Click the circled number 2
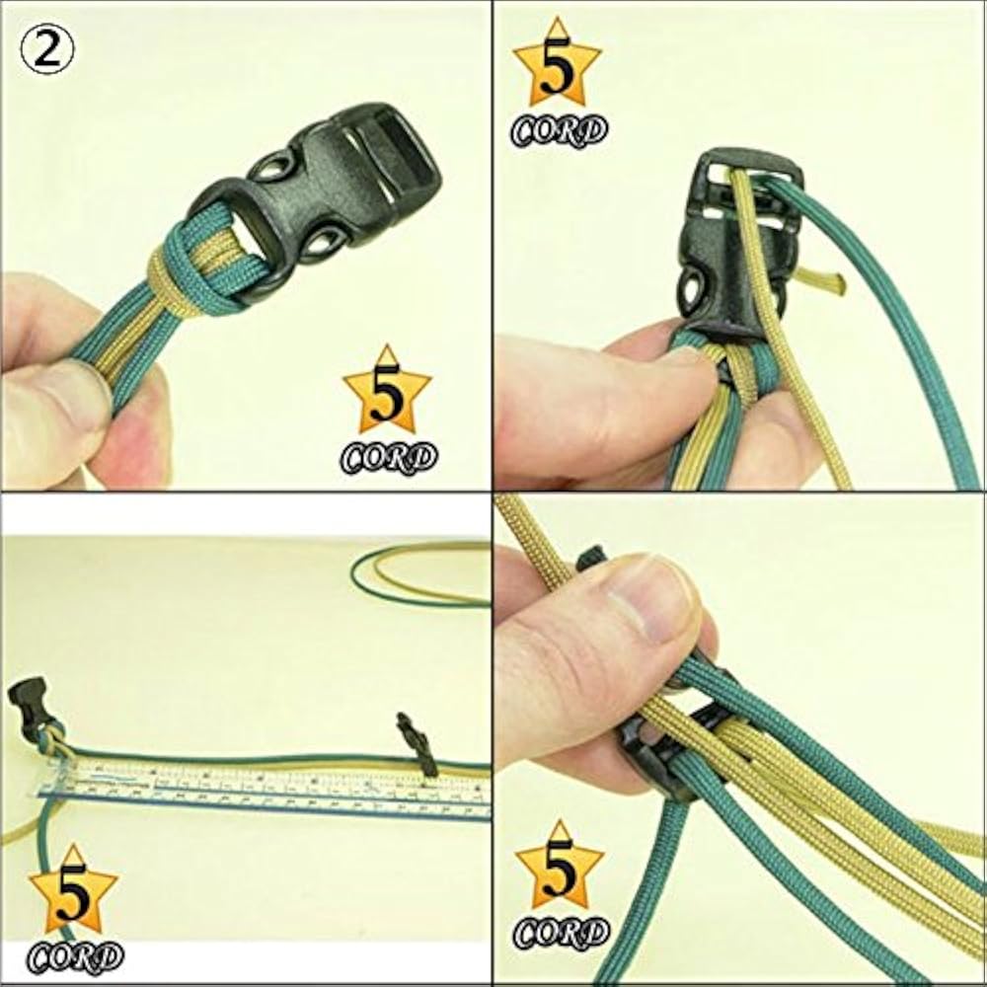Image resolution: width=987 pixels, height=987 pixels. pyautogui.click(x=46, y=49)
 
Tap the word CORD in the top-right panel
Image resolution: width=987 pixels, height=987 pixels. pyautogui.click(x=559, y=130)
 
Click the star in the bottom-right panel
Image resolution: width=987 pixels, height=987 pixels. pyautogui.click(x=559, y=869)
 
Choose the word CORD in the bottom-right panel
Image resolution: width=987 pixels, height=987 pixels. pyautogui.click(x=561, y=933)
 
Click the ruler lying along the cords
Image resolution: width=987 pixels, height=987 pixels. pyautogui.click(x=266, y=790)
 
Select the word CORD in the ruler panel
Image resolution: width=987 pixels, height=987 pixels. pyautogui.click(x=75, y=955)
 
